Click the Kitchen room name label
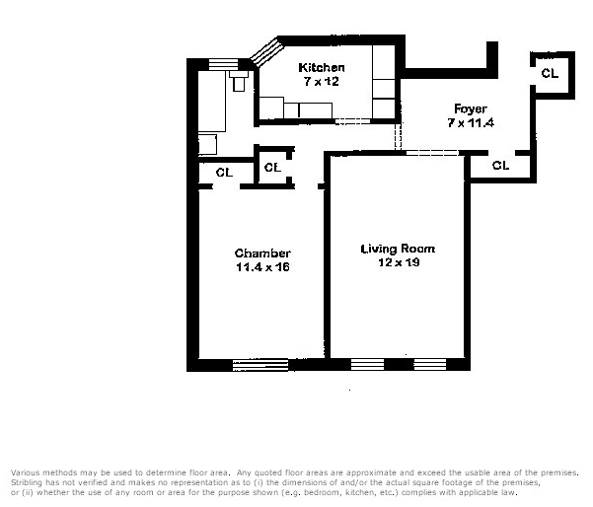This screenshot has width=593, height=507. (x=322, y=67)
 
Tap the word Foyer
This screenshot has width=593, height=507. (x=470, y=109)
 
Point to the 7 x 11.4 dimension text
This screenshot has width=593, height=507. (x=470, y=122)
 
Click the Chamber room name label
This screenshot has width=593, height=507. (x=261, y=253)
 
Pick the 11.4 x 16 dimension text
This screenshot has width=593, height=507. (x=261, y=267)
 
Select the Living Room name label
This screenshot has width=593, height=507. (x=398, y=249)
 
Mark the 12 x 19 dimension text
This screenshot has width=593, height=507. (x=398, y=262)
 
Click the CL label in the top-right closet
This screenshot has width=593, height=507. (x=549, y=73)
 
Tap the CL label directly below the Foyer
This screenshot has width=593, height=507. (x=500, y=166)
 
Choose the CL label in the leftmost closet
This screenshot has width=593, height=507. (x=224, y=172)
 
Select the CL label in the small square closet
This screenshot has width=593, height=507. (x=272, y=168)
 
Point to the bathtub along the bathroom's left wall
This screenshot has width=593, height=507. (x=213, y=104)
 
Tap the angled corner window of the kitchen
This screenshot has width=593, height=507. (x=267, y=52)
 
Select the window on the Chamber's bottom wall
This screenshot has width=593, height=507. (x=259, y=365)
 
